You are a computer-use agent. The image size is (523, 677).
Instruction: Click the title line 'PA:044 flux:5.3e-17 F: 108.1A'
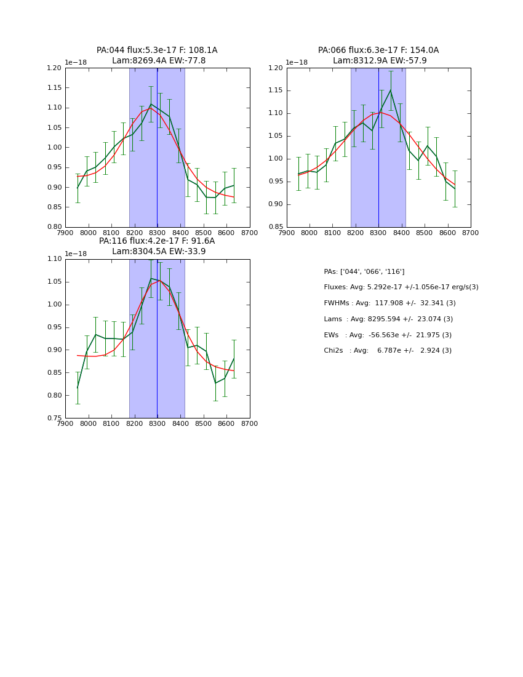pyautogui.click(x=157, y=50)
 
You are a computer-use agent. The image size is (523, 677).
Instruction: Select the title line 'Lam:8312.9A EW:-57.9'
pyautogui.click(x=380, y=61)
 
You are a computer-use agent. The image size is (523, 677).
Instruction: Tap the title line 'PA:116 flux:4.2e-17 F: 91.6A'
pyautogui.click(x=157, y=241)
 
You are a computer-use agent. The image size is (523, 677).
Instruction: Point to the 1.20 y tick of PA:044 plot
pyautogui.click(x=54, y=68)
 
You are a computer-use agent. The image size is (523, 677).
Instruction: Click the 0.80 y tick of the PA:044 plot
pyautogui.click(x=54, y=227)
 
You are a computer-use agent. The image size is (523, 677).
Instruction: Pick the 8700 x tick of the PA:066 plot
pyautogui.click(x=471, y=233)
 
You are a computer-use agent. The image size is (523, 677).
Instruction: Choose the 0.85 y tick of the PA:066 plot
pyautogui.click(x=276, y=227)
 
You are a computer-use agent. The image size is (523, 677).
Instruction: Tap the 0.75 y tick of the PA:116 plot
pyautogui.click(x=54, y=419)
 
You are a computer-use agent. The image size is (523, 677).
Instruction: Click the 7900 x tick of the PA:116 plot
pyautogui.click(x=66, y=424)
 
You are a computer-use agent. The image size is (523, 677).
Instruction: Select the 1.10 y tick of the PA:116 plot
pyautogui.click(x=54, y=259)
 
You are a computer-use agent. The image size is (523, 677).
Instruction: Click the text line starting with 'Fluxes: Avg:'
pyautogui.click(x=401, y=287)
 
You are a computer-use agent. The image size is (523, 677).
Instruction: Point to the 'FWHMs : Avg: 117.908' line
pyautogui.click(x=389, y=303)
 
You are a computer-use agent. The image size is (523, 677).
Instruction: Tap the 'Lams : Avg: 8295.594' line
pyautogui.click(x=388, y=319)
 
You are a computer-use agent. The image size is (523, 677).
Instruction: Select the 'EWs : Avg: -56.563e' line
pyautogui.click(x=388, y=335)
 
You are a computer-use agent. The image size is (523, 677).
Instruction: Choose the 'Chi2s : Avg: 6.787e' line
pyautogui.click(x=388, y=351)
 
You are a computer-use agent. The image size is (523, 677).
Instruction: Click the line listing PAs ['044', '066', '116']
pyautogui.click(x=364, y=272)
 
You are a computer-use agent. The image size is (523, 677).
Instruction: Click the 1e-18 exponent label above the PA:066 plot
pyautogui.click(x=297, y=63)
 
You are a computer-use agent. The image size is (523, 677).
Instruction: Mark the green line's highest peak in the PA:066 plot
pyautogui.click(x=390, y=90)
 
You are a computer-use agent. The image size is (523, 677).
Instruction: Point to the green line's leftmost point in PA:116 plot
pyautogui.click(x=78, y=388)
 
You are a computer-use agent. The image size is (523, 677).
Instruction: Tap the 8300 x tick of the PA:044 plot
pyautogui.click(x=158, y=233)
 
